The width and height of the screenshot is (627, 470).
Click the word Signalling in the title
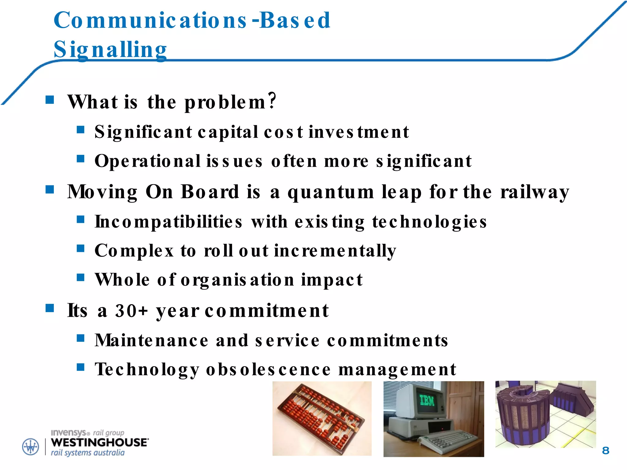tap(110, 50)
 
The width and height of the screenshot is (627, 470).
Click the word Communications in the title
tap(150, 20)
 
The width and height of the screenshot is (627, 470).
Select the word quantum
tap(331, 192)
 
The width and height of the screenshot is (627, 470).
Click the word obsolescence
tap(268, 369)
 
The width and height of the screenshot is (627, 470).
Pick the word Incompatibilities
tap(168, 222)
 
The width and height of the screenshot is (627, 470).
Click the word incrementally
tap(335, 251)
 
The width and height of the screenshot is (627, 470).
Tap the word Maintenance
tap(152, 340)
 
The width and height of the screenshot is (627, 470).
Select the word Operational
tap(148, 161)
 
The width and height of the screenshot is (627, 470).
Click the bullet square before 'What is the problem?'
tap(50, 100)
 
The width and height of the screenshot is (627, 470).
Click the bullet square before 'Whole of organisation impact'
tap(81, 277)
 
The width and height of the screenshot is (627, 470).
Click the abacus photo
tap(321, 419)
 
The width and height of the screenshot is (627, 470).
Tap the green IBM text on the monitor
tap(427, 400)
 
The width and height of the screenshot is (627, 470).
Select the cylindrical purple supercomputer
tap(520, 419)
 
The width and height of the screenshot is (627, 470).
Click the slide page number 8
tap(605, 450)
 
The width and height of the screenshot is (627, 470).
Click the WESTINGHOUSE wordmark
tap(99, 442)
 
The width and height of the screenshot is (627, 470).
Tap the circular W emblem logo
tap(31, 447)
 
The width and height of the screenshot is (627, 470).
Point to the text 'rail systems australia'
tap(88, 453)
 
